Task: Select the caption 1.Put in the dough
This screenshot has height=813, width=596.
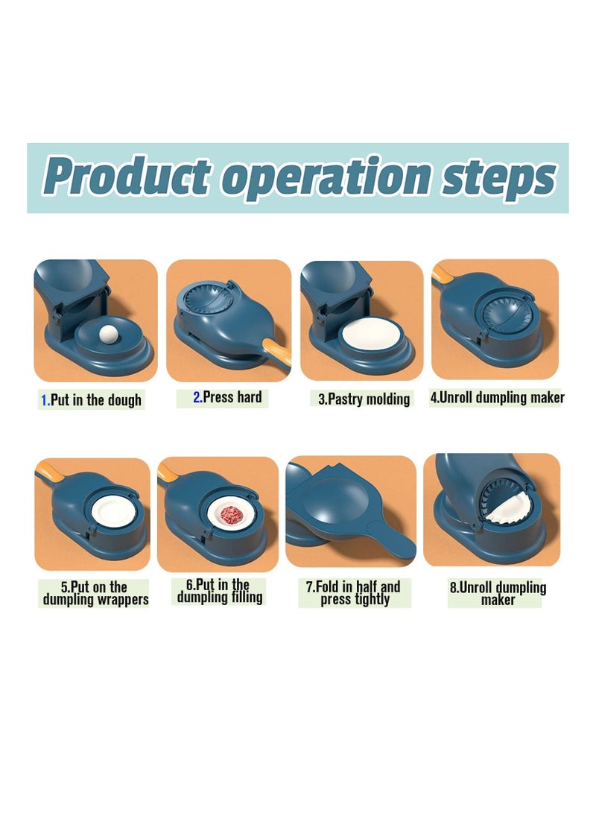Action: (x=90, y=400)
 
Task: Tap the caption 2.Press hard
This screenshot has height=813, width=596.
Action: (x=227, y=397)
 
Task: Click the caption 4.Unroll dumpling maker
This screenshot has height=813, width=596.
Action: (x=497, y=397)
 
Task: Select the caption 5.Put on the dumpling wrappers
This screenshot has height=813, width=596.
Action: (x=95, y=593)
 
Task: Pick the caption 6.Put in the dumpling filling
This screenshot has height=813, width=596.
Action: (x=220, y=591)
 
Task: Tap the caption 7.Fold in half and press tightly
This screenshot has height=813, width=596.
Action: (x=355, y=592)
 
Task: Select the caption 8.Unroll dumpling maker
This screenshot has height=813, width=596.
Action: (x=498, y=593)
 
